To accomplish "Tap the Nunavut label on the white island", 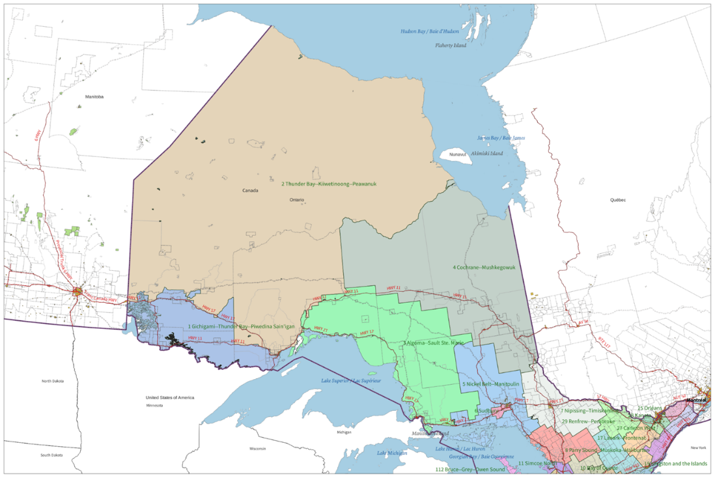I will click(458, 154).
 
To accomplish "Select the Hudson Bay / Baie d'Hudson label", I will click(430, 31).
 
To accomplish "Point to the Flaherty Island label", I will click(451, 46).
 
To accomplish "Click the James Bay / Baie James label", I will click(501, 138).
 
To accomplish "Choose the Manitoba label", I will click(94, 96).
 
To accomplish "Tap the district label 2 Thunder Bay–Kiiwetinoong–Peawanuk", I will click(329, 184).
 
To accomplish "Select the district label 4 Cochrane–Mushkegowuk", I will click(484, 267).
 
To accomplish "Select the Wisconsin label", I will click(258, 449).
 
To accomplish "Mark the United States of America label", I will click(170, 397).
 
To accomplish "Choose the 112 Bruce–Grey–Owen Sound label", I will click(470, 469).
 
